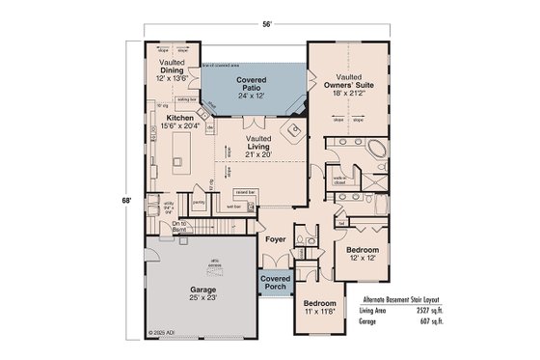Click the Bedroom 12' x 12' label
coord(362,255)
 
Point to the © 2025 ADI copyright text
coord(166,333)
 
